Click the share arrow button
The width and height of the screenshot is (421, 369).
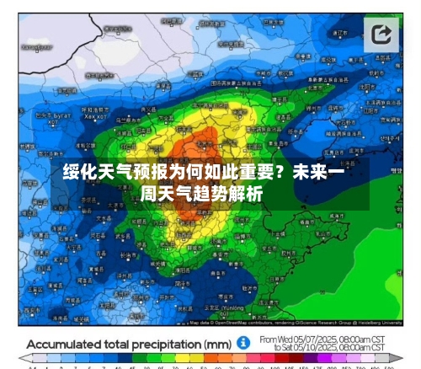(382, 35)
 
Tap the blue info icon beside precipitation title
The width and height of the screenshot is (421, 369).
(242, 345)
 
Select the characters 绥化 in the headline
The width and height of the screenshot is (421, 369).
(77, 174)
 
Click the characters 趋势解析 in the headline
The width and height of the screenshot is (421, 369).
(232, 194)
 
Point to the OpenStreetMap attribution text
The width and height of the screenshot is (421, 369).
(228, 323)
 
